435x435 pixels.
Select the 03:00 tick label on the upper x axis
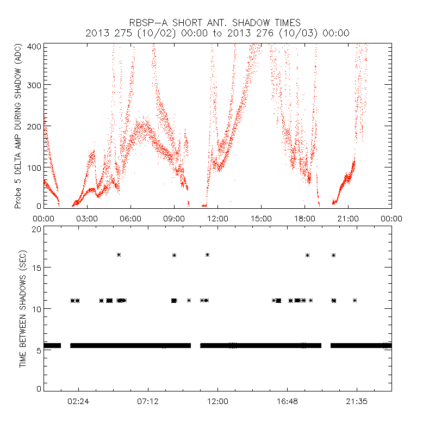click(x=87, y=218)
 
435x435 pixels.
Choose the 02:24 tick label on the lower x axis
click(x=79, y=401)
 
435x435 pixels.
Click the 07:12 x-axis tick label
click(x=148, y=401)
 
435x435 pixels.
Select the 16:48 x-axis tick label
click(x=287, y=401)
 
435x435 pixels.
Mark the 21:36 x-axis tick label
click(x=357, y=401)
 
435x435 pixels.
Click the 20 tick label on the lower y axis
click(x=36, y=229)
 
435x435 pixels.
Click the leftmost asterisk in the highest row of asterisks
click(x=119, y=254)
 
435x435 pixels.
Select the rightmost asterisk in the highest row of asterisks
click(x=333, y=254)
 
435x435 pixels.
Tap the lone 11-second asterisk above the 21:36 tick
click(x=355, y=300)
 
